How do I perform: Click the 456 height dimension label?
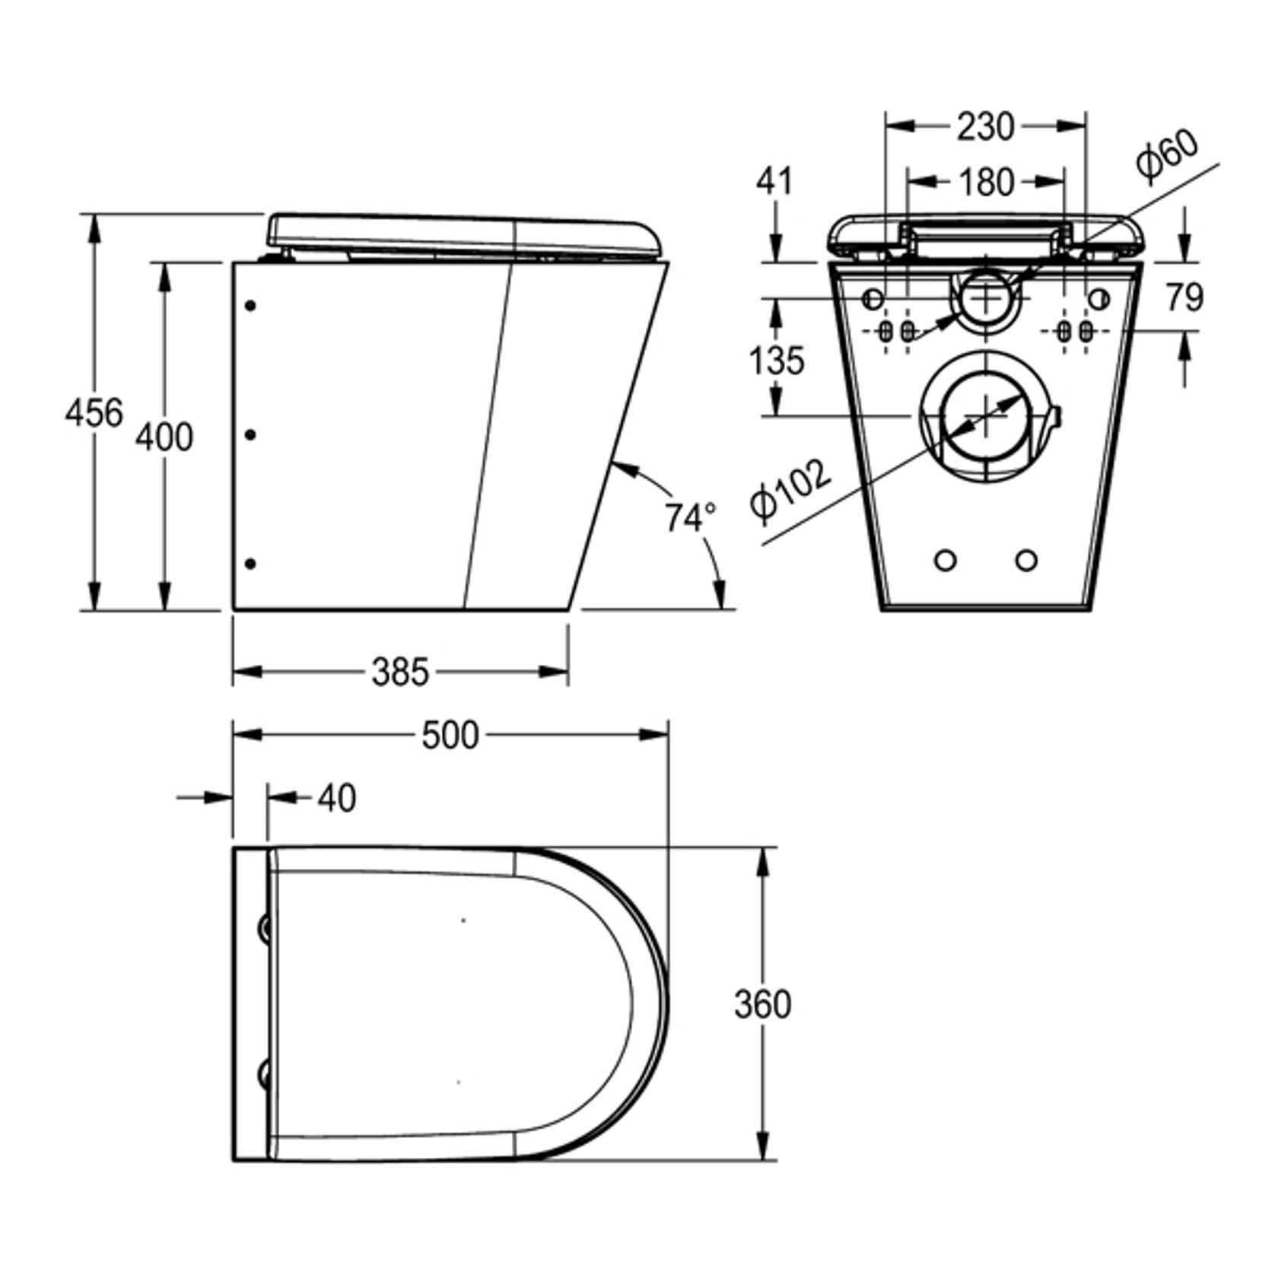coord(94,413)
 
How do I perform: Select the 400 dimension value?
coord(164,437)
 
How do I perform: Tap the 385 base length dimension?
coord(400,672)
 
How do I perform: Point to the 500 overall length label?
coord(450,735)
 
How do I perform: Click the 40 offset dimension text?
coord(336,798)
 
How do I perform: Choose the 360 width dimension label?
coord(762,1003)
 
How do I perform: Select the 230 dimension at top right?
coord(985,126)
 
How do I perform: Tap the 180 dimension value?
coord(985,182)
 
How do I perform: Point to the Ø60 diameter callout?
coord(1167,156)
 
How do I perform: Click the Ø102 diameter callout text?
coord(790,493)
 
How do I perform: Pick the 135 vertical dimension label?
coord(776,359)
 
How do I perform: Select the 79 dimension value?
coord(1184,297)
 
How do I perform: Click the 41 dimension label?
coord(774,181)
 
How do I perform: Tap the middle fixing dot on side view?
coord(250,434)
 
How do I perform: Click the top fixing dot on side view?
coord(250,306)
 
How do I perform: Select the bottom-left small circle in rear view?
coord(945,561)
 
